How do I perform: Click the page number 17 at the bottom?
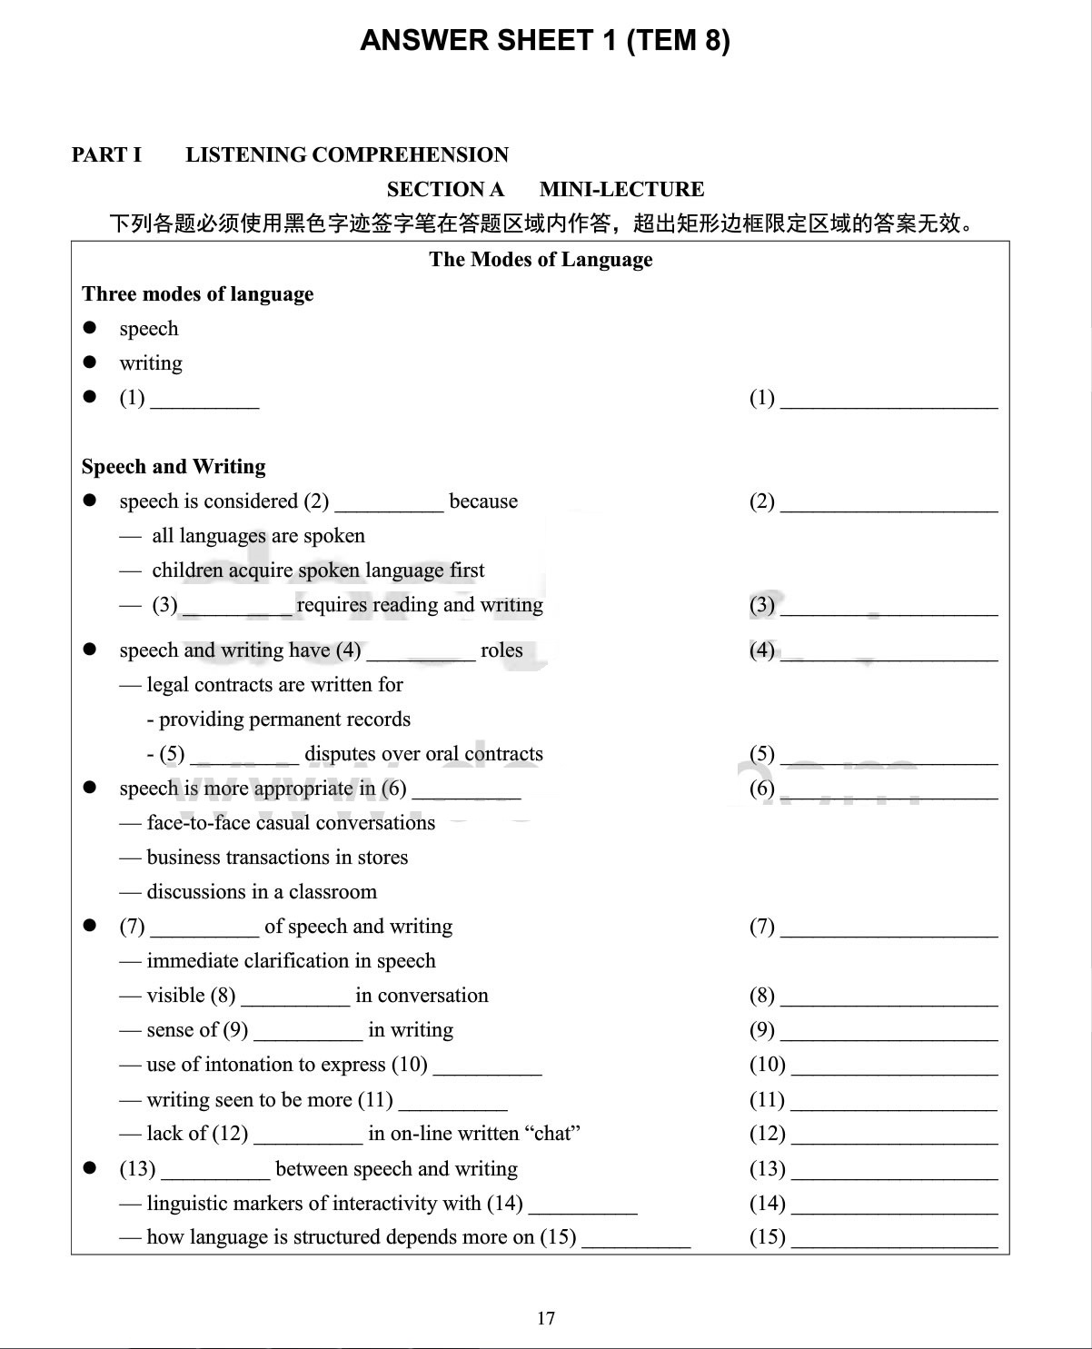pyautogui.click(x=546, y=1318)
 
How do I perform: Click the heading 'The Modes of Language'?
pyautogui.click(x=541, y=260)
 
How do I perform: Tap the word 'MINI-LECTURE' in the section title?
pyautogui.click(x=621, y=189)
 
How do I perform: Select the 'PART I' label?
pyautogui.click(x=106, y=154)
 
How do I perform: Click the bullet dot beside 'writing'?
pyautogui.click(x=89, y=362)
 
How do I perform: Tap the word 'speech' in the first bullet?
pyautogui.click(x=149, y=329)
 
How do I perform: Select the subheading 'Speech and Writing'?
pyautogui.click(x=174, y=467)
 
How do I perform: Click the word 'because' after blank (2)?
pyautogui.click(x=483, y=501)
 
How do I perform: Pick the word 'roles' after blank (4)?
pyautogui.click(x=501, y=650)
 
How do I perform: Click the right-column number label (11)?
pyautogui.click(x=767, y=1100)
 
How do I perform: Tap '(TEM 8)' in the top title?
pyautogui.click(x=678, y=41)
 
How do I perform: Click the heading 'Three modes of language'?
pyautogui.click(x=198, y=294)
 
